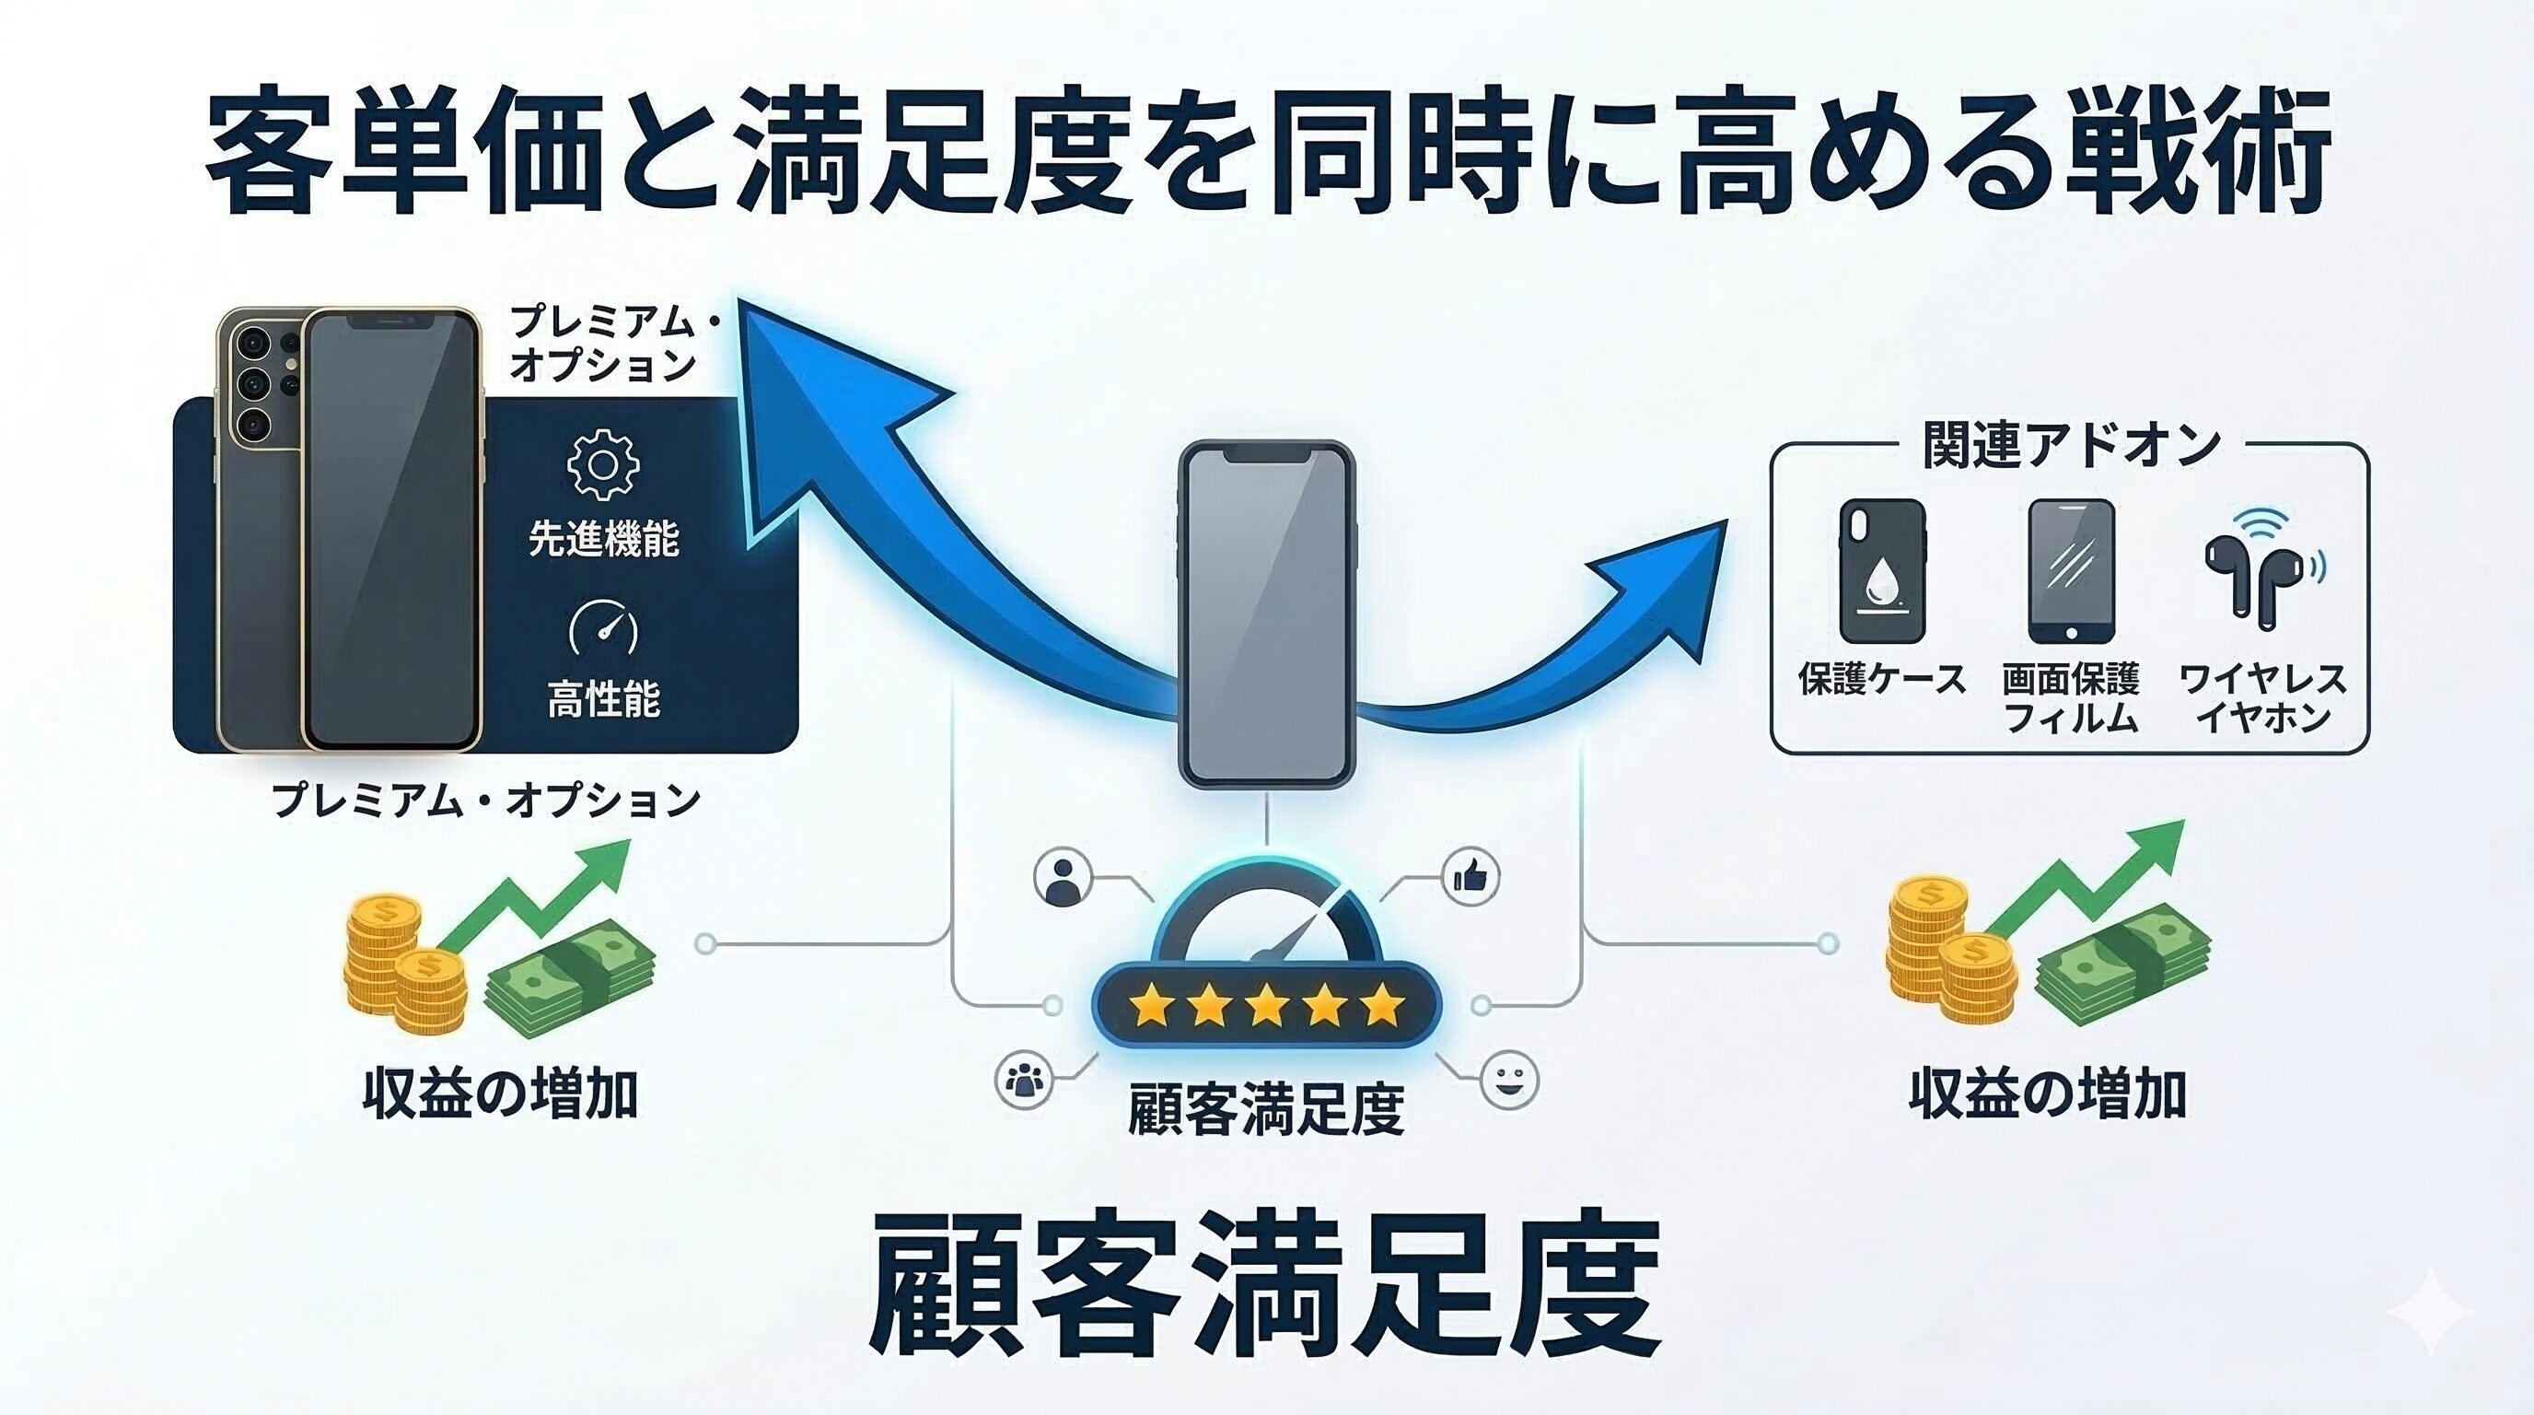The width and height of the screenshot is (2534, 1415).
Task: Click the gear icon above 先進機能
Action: pyautogui.click(x=603, y=464)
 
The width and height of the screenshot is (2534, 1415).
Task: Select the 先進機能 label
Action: pyautogui.click(x=603, y=538)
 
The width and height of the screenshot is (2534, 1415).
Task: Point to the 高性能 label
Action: pyautogui.click(x=603, y=698)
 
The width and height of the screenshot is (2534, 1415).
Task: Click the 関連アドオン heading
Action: pyautogui.click(x=2071, y=446)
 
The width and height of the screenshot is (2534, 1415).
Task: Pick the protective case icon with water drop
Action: pyautogui.click(x=1882, y=571)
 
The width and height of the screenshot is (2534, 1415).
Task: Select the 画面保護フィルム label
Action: pyautogui.click(x=2071, y=697)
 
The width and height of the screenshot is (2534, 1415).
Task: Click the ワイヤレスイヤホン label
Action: pyautogui.click(x=2261, y=697)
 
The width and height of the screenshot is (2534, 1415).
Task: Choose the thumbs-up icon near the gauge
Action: pyautogui.click(x=1470, y=876)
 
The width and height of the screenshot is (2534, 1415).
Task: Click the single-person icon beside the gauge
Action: pyautogui.click(x=1064, y=876)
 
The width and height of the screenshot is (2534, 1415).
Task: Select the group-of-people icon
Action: pyautogui.click(x=1024, y=1080)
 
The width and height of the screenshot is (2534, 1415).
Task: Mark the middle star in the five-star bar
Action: pyautogui.click(x=1266, y=1006)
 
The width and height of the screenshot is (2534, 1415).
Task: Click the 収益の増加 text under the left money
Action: pyautogui.click(x=501, y=1093)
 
